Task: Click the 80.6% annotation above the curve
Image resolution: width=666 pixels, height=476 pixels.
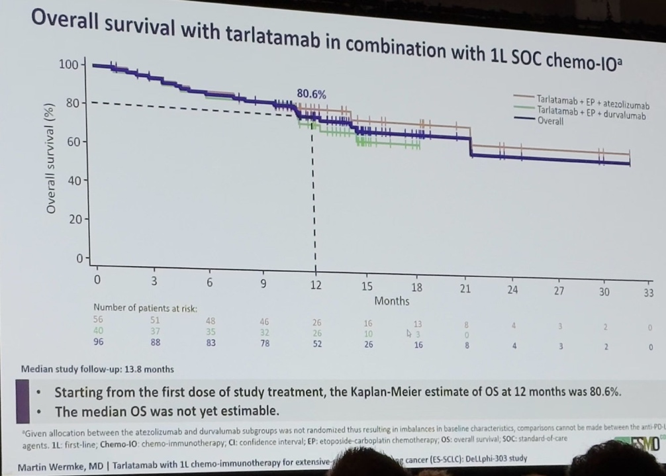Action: click(x=310, y=94)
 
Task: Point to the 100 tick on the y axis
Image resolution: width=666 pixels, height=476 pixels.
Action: click(x=68, y=64)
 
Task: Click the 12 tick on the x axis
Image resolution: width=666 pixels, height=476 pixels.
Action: click(x=316, y=285)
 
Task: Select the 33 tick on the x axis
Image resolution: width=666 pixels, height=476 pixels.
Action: click(x=648, y=292)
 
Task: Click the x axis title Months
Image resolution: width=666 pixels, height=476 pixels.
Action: click(x=392, y=301)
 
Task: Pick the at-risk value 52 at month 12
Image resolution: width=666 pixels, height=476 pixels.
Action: click(x=317, y=344)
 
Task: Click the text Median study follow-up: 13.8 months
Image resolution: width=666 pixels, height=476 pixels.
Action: click(x=97, y=369)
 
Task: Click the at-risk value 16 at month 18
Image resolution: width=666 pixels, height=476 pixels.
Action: click(x=418, y=345)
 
